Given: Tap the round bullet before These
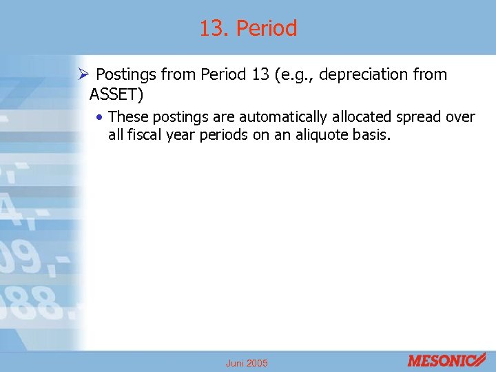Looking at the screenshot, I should [101, 118].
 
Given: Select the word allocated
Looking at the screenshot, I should [359, 117].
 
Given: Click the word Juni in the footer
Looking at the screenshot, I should [236, 363].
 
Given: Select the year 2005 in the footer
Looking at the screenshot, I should [257, 363].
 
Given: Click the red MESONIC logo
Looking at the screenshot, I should [446, 360].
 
